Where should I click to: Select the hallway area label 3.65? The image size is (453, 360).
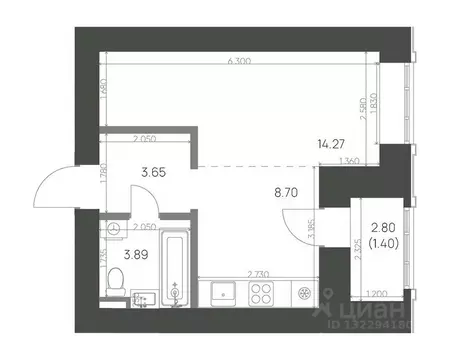click(x=151, y=173)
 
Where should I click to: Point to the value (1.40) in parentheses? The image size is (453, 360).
click(x=384, y=243)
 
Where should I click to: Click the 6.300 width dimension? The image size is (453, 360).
click(x=240, y=62)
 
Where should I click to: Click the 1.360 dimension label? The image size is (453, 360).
click(x=350, y=161)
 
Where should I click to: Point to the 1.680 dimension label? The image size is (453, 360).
click(x=104, y=101)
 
